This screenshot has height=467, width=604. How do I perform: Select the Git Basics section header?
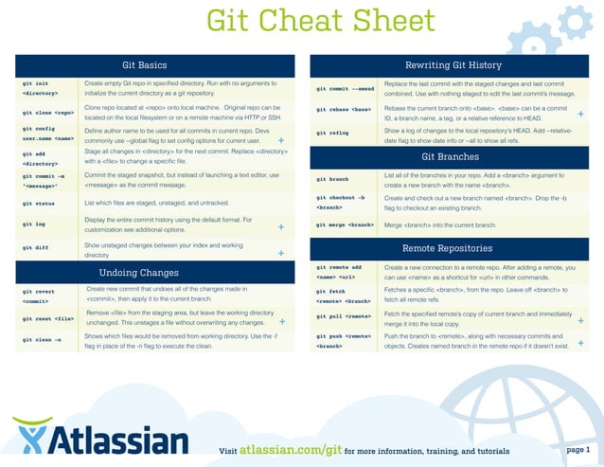145,65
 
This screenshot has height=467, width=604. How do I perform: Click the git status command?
40,203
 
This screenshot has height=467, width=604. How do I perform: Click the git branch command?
332,178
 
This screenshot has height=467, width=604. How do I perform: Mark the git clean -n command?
42,339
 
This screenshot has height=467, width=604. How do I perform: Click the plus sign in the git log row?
281,227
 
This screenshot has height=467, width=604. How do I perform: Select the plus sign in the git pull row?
580,320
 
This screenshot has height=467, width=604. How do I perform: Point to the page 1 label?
577,449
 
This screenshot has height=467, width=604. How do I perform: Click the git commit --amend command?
346,88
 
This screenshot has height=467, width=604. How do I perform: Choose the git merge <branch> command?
345,225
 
